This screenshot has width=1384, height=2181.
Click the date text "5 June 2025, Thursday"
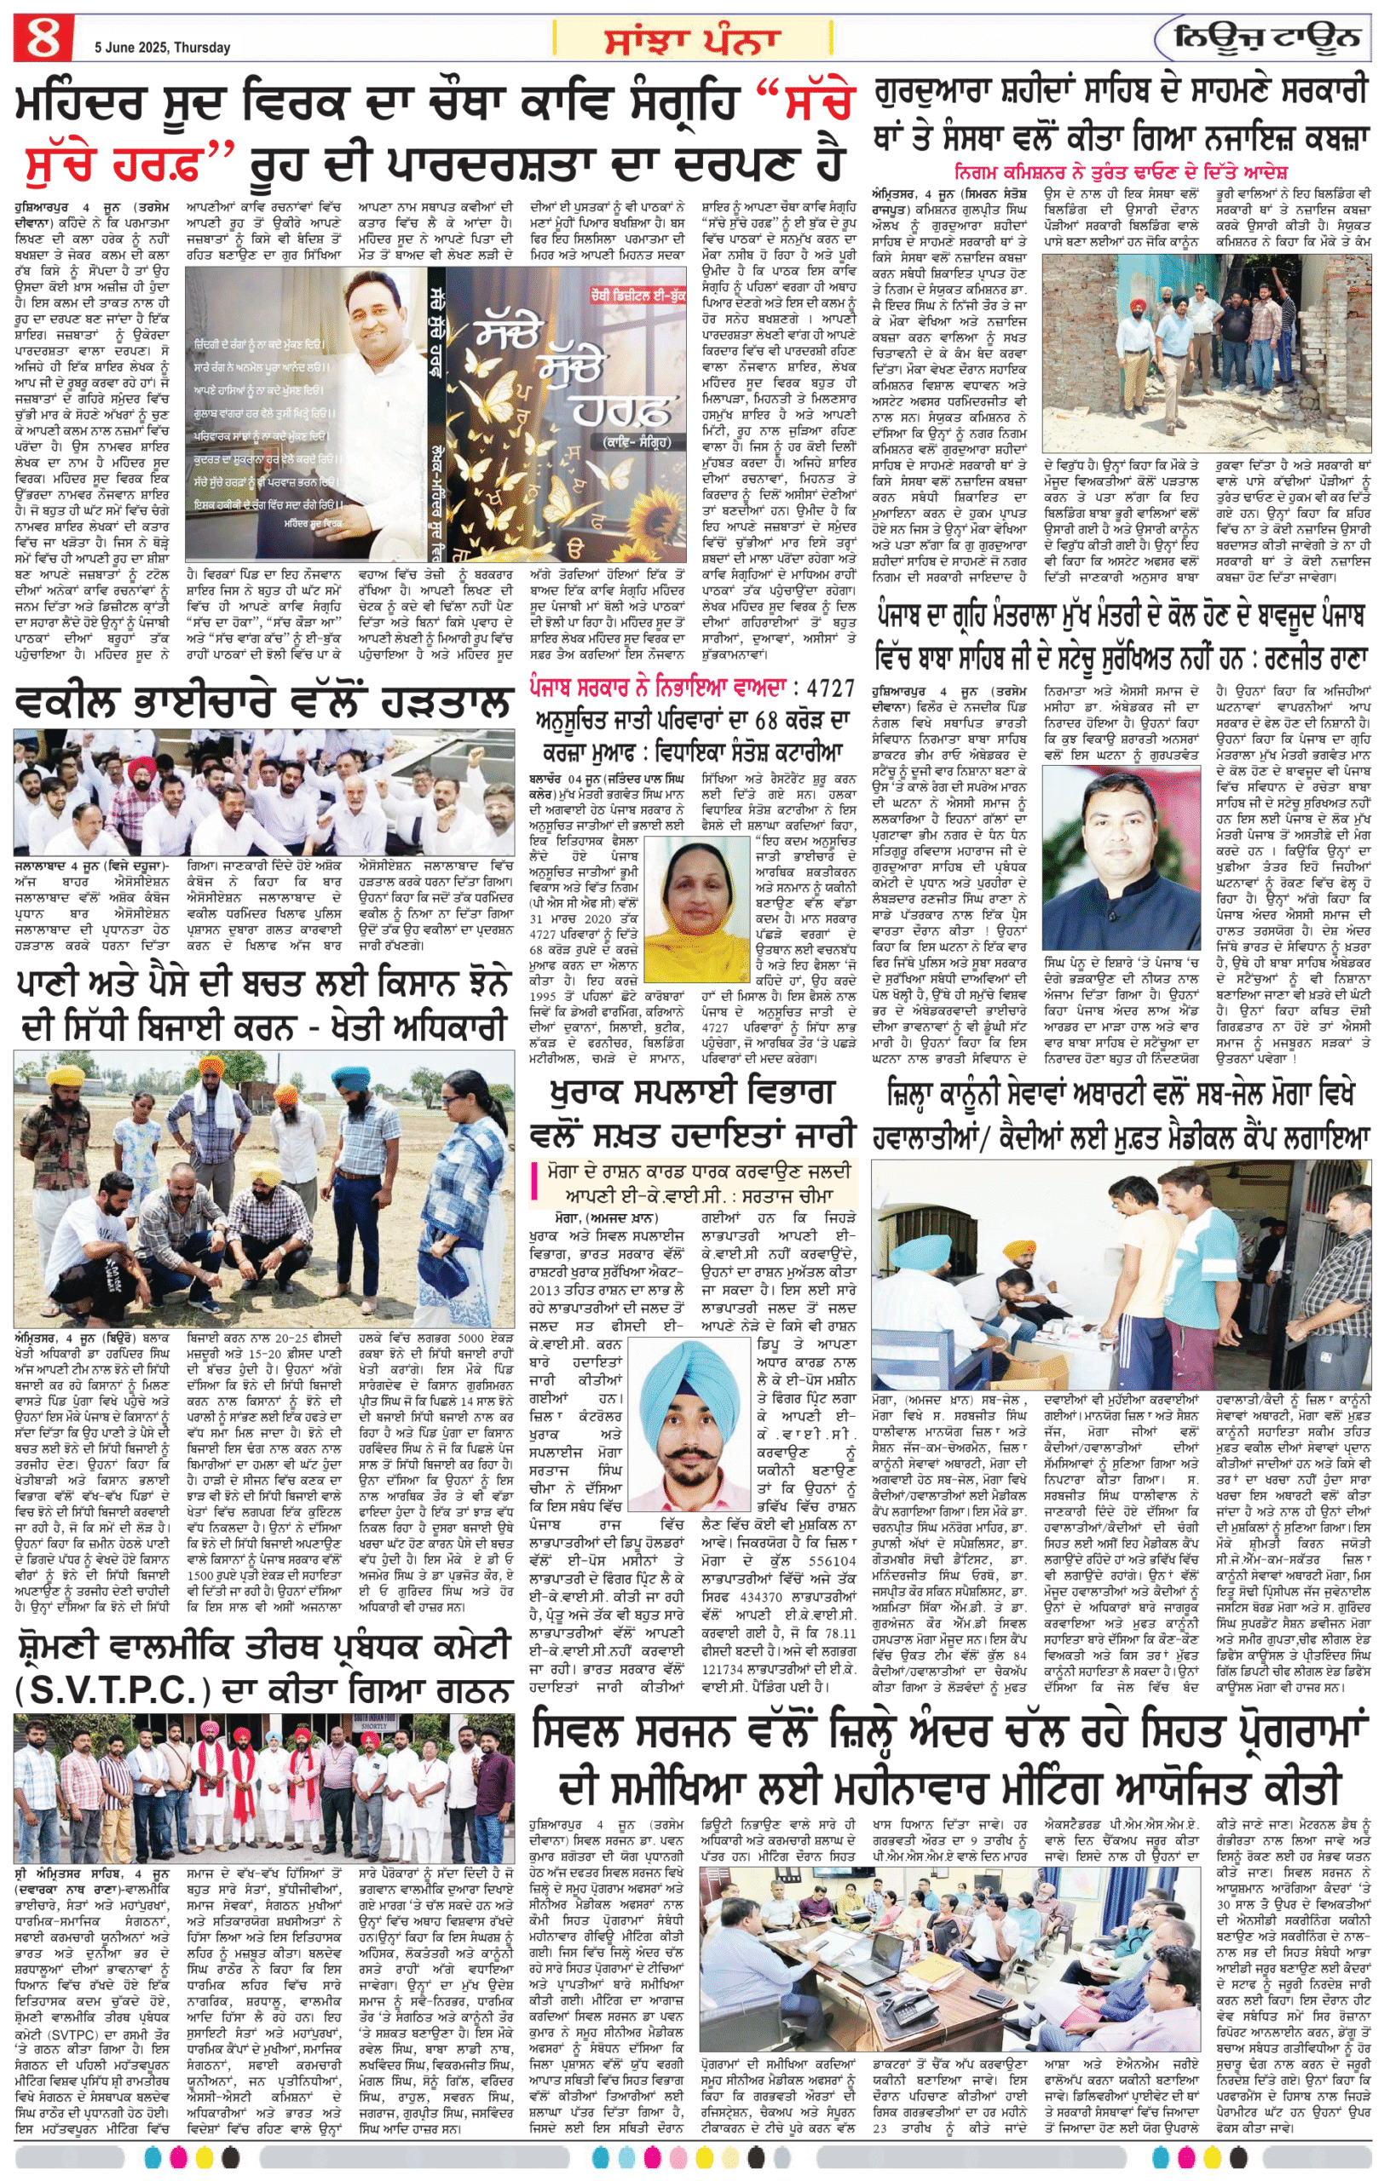click(162, 47)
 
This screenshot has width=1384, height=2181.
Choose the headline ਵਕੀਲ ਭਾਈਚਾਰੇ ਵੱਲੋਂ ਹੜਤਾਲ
click(262, 702)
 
